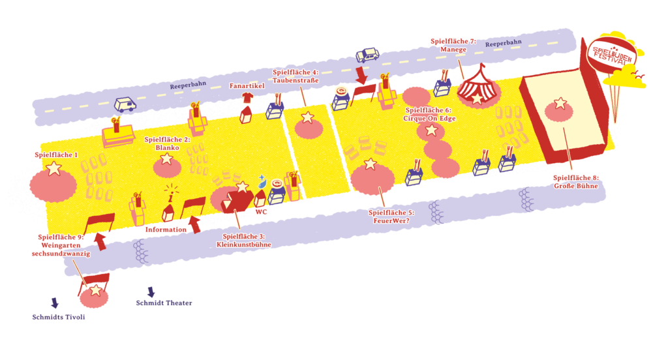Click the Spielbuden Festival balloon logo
pos(612,55)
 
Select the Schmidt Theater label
pos(164,303)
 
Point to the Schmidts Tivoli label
pos(59,317)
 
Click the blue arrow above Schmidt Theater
pos(151,292)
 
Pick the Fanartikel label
pos(247,85)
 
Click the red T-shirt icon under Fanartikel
pos(247,98)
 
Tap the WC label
pos(261,212)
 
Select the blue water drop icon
pos(262,182)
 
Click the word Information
pos(166,229)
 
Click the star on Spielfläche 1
pos(53,168)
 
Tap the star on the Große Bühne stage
pos(560,103)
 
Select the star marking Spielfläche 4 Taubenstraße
pos(308,117)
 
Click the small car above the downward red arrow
pos(367,55)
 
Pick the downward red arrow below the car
pos(361,75)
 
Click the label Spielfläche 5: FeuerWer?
pos(391,217)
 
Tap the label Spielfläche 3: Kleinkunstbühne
pos(244,240)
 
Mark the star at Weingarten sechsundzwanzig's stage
pos(96,290)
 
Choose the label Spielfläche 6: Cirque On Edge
pos(429,114)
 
